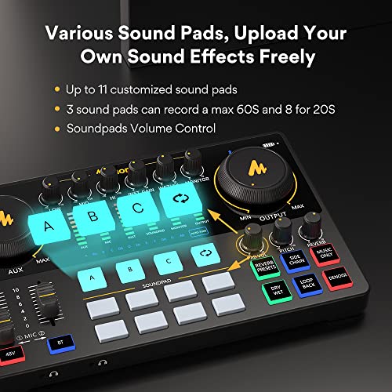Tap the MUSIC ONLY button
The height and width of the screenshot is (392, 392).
pyautogui.click(x=323, y=256)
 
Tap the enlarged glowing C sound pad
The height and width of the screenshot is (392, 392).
pyautogui.click(x=137, y=207)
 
